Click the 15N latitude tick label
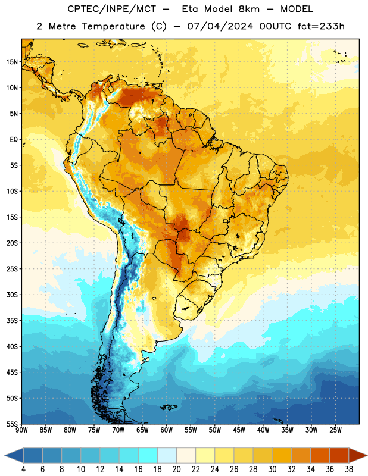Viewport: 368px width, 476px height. tap(12, 62)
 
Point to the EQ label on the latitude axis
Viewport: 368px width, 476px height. tap(14, 140)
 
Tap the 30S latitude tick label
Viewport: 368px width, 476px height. tap(12, 295)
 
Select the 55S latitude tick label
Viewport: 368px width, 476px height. tap(12, 424)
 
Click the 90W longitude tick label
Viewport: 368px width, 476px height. tap(21, 430)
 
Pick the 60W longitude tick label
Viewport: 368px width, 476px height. tap(167, 430)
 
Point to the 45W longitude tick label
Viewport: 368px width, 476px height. tap(239, 430)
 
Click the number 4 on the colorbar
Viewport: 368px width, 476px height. tap(23, 469)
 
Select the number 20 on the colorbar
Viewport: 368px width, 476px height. tap(176, 469)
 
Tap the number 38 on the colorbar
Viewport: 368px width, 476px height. tap(348, 469)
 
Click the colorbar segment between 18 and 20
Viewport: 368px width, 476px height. tap(167, 455)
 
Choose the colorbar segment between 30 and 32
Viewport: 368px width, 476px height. tap(282, 455)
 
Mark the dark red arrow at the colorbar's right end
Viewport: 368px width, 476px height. tap(357, 455)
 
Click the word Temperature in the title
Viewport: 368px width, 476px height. tap(113, 26)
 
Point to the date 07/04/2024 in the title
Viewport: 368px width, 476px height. tap(220, 26)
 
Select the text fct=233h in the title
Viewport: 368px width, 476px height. tap(321, 26)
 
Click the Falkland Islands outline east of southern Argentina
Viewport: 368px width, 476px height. tap(169, 407)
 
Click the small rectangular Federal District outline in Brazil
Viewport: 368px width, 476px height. tap(226, 221)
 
